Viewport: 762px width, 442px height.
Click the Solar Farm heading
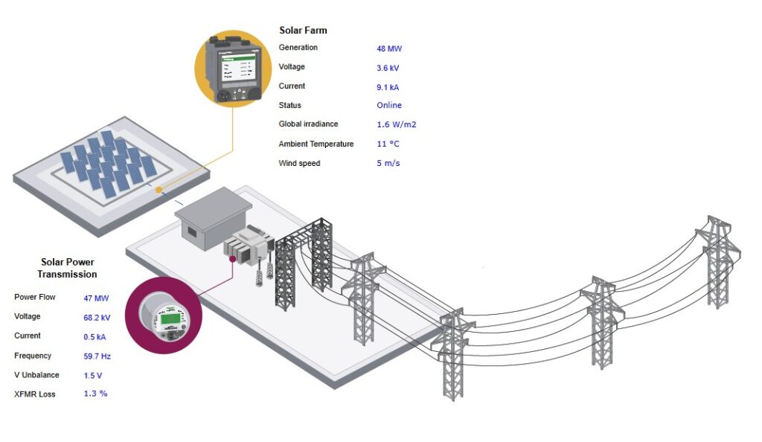tap(303, 31)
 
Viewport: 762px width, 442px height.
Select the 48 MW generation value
tap(388, 48)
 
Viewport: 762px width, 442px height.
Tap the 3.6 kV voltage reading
tap(388, 68)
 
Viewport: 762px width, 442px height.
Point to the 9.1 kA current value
tap(388, 87)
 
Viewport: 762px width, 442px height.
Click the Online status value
tap(389, 106)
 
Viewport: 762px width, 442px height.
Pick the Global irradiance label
tap(308, 124)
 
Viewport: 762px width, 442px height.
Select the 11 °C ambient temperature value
tap(388, 144)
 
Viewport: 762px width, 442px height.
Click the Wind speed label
tap(299, 163)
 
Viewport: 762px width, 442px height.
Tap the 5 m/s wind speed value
tap(388, 163)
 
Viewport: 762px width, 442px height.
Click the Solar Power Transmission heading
tap(67, 268)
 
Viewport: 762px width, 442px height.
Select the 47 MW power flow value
tap(97, 298)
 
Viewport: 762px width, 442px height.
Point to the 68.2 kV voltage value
tap(97, 318)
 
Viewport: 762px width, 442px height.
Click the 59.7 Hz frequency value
tap(97, 356)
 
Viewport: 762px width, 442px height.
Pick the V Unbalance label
tap(36, 375)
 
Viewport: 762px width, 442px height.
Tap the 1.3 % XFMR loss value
tap(95, 394)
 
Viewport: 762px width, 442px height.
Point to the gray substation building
tap(213, 216)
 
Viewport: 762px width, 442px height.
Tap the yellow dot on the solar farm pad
tap(159, 190)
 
